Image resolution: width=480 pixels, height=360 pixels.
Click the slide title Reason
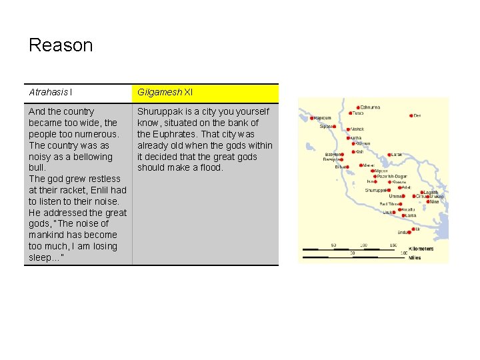pyautogui.click(x=61, y=45)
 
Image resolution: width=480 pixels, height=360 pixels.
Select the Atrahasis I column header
pyautogui.click(x=51, y=92)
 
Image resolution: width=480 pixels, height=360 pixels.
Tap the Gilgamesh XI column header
pyautogui.click(x=165, y=92)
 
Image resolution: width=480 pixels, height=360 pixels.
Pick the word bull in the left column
pyautogui.click(x=37, y=167)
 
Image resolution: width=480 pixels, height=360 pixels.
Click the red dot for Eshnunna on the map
pyautogui.click(x=357, y=107)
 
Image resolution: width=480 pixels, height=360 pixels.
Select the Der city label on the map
pyautogui.click(x=417, y=115)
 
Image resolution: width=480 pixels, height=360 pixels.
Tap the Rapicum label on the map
pyautogui.click(x=323, y=118)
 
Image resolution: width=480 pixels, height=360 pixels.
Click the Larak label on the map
pyautogui.click(x=396, y=154)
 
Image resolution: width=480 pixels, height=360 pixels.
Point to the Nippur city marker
pyautogui.click(x=373, y=171)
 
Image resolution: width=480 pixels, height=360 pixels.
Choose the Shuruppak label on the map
pyautogui.click(x=377, y=191)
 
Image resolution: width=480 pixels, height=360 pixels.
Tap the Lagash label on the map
pyautogui.click(x=431, y=192)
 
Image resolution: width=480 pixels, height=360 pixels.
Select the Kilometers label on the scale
pyautogui.click(x=421, y=249)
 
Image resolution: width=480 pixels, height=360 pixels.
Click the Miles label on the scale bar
pyautogui.click(x=415, y=257)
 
